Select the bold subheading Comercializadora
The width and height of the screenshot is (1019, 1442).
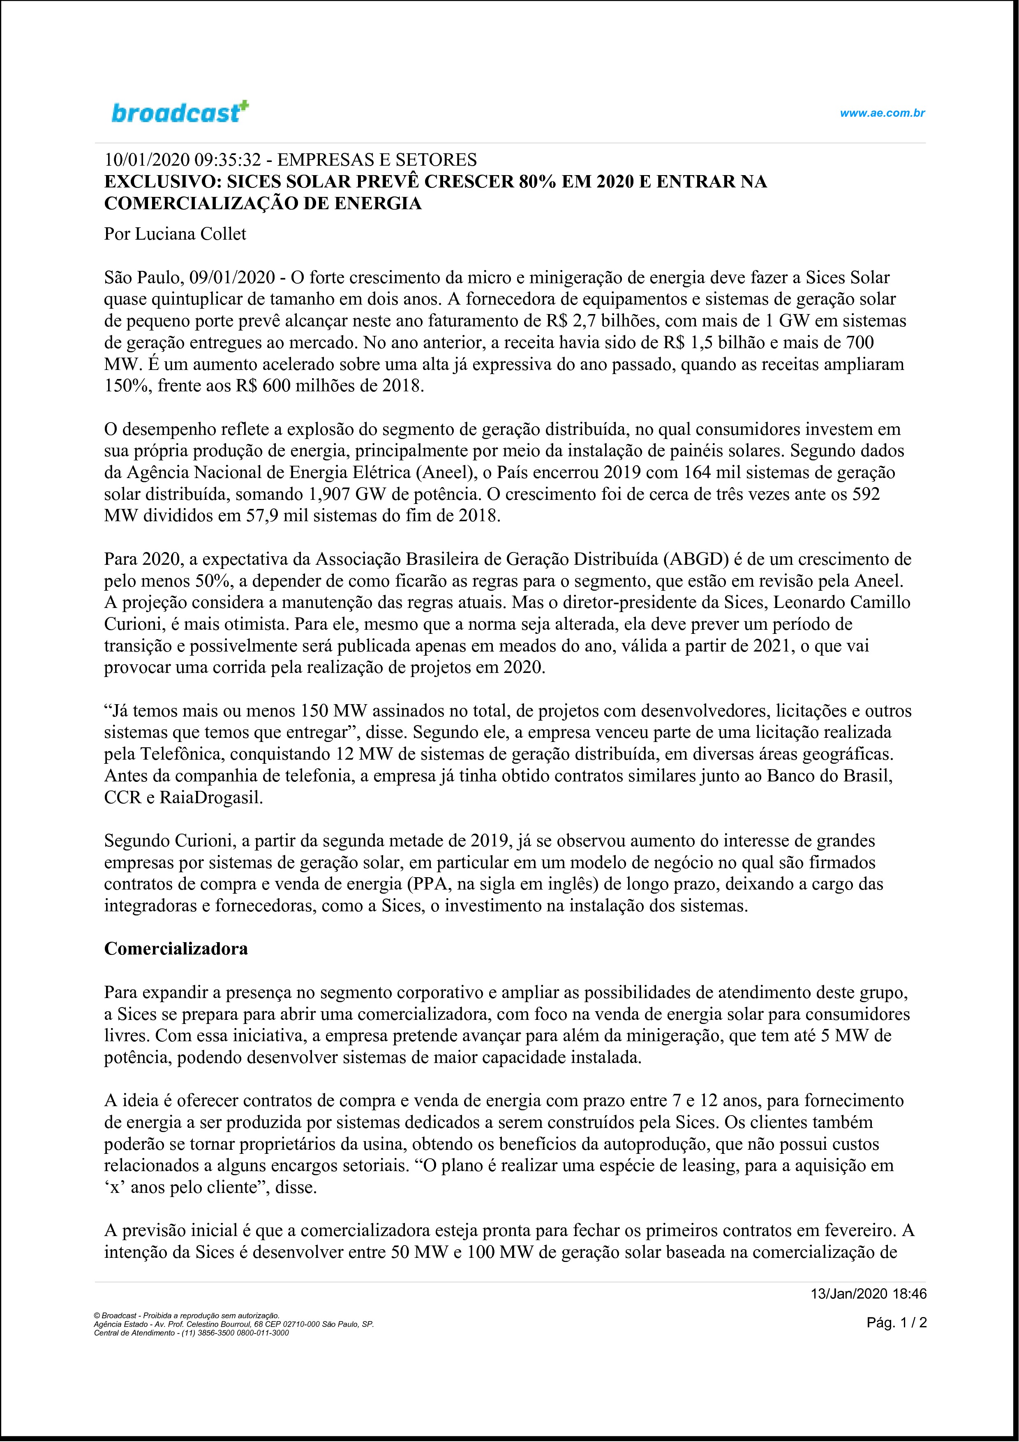tap(176, 948)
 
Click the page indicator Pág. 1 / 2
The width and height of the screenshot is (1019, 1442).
tap(897, 1323)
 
